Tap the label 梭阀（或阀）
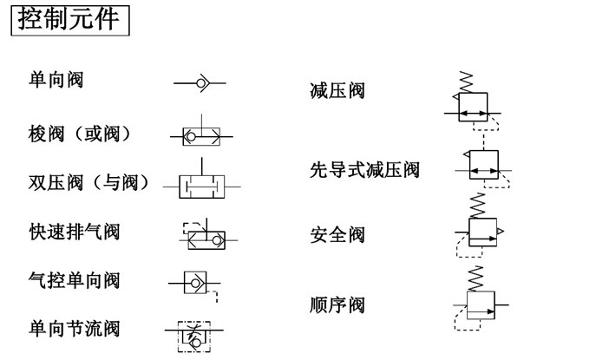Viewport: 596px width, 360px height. pyautogui.click(x=80, y=134)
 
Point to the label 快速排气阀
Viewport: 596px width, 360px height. pyautogui.click(x=75, y=232)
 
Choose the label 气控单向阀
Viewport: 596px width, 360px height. pyautogui.click(x=75, y=280)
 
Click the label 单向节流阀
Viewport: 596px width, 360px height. pyautogui.click(x=75, y=329)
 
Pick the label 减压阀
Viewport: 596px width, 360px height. pyautogui.click(x=337, y=90)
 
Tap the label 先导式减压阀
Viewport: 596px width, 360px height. pyautogui.click(x=364, y=169)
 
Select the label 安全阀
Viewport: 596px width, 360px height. pyautogui.click(x=337, y=234)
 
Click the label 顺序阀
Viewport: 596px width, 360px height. pyautogui.click(x=337, y=304)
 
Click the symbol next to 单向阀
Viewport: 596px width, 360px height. pyautogui.click(x=200, y=83)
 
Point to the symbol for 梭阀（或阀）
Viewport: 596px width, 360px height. pyautogui.click(x=200, y=134)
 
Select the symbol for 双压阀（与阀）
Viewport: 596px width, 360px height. pyautogui.click(x=202, y=186)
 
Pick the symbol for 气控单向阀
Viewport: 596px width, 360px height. pyautogui.click(x=194, y=282)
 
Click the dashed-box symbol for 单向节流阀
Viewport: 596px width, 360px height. pyautogui.click(x=194, y=332)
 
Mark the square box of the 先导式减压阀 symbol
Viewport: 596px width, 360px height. pyautogui.click(x=484, y=165)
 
